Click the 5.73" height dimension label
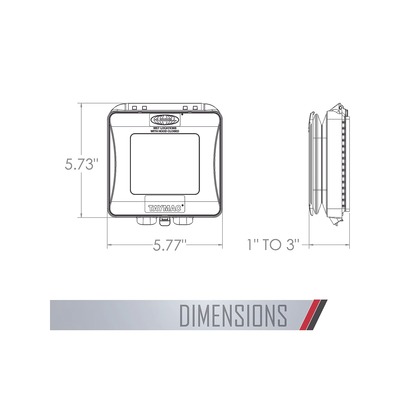78,164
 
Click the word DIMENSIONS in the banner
232,315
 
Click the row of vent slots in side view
343,160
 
